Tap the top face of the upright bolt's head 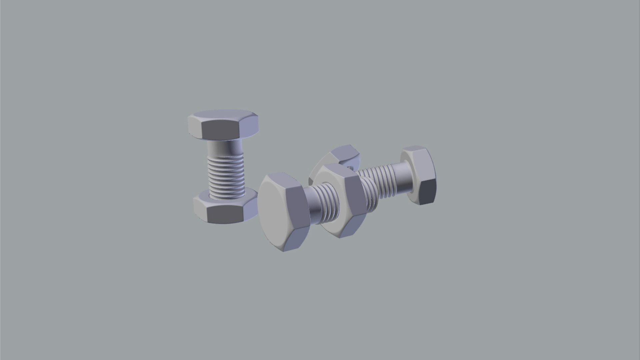click(x=223, y=115)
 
